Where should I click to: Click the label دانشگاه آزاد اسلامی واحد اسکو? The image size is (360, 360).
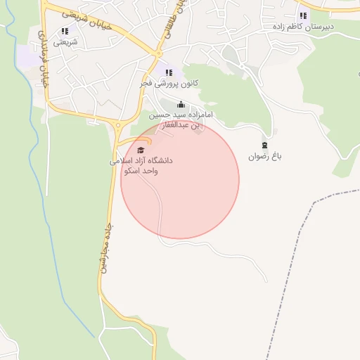[x=141, y=165]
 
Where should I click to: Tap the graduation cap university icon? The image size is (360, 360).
[x=140, y=150]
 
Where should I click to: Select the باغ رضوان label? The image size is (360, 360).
[x=264, y=156]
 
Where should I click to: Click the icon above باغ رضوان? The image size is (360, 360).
[x=264, y=144]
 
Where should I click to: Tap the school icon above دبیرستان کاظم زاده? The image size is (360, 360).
[x=303, y=15]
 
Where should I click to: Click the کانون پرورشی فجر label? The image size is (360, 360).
[x=168, y=83]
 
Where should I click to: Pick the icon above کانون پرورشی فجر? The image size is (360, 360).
[x=168, y=72]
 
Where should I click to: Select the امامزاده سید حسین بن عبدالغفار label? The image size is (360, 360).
[x=180, y=119]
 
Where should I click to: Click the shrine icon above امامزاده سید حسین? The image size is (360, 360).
[x=181, y=105]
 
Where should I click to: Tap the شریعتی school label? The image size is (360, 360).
[x=65, y=42]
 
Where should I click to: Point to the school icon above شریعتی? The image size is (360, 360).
[x=65, y=31]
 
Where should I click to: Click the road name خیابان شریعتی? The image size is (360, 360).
[x=77, y=20]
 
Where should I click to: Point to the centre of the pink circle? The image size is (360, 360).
[x=180, y=180]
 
